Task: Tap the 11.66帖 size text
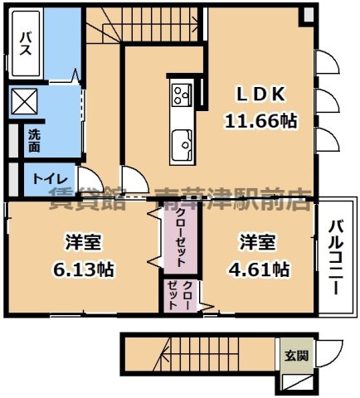[260, 120]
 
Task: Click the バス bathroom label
[25, 41]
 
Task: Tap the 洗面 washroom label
[33, 140]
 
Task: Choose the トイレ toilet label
[46, 178]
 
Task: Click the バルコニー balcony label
[335, 258]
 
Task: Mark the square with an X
[24, 103]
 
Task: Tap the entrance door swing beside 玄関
[331, 352]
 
